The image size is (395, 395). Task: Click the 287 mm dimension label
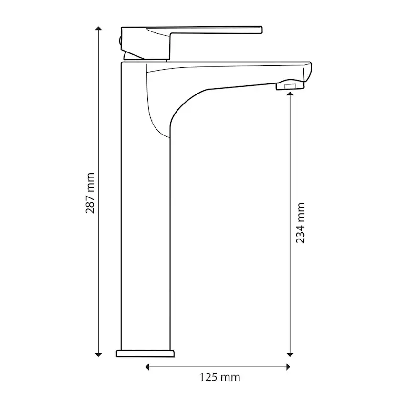(x=90, y=193)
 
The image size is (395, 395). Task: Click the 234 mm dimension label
(x=301, y=223)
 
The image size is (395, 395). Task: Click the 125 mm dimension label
(x=220, y=377)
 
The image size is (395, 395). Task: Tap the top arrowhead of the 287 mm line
(x=98, y=28)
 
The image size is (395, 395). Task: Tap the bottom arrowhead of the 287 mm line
(x=98, y=354)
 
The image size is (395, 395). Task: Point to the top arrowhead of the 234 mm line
(x=290, y=94)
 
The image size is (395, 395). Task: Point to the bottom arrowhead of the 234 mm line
(x=290, y=354)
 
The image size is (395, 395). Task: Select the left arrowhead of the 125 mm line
(x=147, y=367)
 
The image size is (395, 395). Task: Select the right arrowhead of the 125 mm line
(x=288, y=367)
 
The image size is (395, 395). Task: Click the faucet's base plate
(x=145, y=353)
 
